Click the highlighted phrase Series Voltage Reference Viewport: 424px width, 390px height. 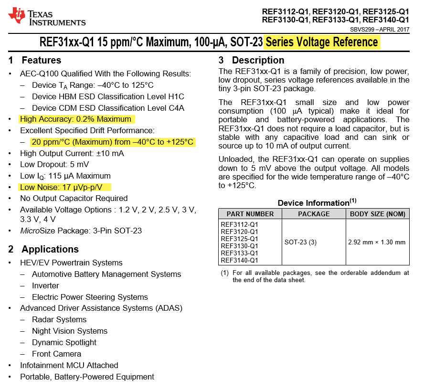tap(322, 42)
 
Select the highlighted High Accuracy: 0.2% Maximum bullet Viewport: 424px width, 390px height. tap(75, 119)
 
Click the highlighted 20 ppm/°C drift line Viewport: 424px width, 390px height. tap(113, 142)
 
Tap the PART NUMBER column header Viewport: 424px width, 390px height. tap(250, 214)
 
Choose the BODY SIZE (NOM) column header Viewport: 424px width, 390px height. tap(378, 214)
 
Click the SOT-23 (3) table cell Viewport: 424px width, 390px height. tap(301, 242)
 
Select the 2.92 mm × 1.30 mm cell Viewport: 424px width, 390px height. tap(377, 242)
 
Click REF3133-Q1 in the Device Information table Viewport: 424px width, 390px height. tap(239, 253)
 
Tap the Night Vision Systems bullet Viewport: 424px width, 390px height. tap(70, 331)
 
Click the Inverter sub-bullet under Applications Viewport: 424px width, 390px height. tap(45, 285)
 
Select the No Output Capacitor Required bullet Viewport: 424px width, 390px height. tap(74, 198)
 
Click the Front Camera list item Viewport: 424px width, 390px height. tap(56, 354)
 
